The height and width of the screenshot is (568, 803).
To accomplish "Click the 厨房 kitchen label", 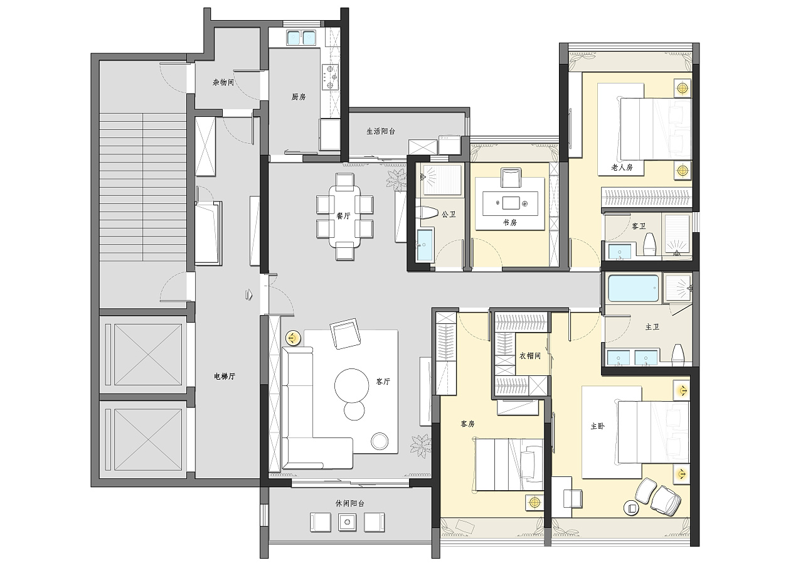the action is pyautogui.click(x=298, y=97).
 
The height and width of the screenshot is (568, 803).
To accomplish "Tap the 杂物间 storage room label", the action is pyautogui.click(x=223, y=82).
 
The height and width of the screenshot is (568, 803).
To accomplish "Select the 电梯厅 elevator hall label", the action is pyautogui.click(x=225, y=376).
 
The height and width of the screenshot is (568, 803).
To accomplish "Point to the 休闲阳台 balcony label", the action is pyautogui.click(x=349, y=503).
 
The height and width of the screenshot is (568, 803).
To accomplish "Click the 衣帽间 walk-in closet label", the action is pyautogui.click(x=530, y=356).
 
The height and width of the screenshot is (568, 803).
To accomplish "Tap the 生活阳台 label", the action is pyautogui.click(x=380, y=131).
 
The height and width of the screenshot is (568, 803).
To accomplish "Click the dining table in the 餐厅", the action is pyautogui.click(x=345, y=217).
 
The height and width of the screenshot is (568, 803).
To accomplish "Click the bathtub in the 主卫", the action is pyautogui.click(x=634, y=288).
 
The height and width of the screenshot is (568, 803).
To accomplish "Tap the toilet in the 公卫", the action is pyautogui.click(x=428, y=214).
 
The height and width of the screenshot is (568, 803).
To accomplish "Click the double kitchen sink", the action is pyautogui.click(x=300, y=37).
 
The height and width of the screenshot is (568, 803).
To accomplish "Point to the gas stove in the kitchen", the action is pyautogui.click(x=330, y=77).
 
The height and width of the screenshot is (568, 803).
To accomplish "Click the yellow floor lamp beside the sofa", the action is pyautogui.click(x=293, y=338).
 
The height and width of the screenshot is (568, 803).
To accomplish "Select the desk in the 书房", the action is pyautogui.click(x=510, y=203).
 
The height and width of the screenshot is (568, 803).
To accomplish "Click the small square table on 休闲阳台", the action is pyautogui.click(x=347, y=522).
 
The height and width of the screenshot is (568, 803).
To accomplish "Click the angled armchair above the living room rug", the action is pyautogui.click(x=345, y=333).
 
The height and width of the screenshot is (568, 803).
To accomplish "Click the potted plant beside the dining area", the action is pyautogui.click(x=395, y=180).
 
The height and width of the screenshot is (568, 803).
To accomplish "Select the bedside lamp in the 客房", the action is pyautogui.click(x=534, y=502).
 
